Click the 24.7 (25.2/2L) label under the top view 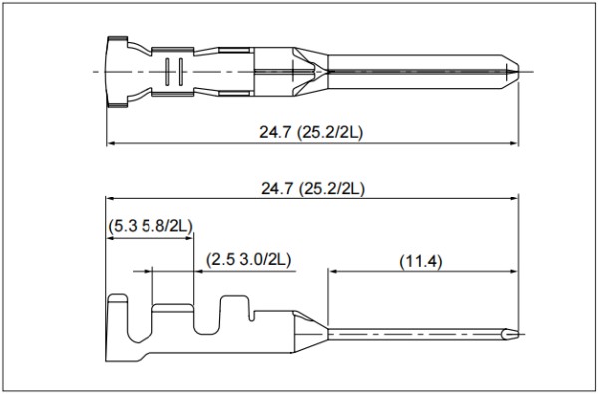(311, 132)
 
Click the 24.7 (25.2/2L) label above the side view (312, 189)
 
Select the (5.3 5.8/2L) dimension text (150, 226)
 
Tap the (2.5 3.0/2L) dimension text (248, 260)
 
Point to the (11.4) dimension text (421, 262)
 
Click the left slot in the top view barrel (167, 72)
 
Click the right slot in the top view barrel (181, 72)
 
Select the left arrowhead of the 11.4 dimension (332, 272)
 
